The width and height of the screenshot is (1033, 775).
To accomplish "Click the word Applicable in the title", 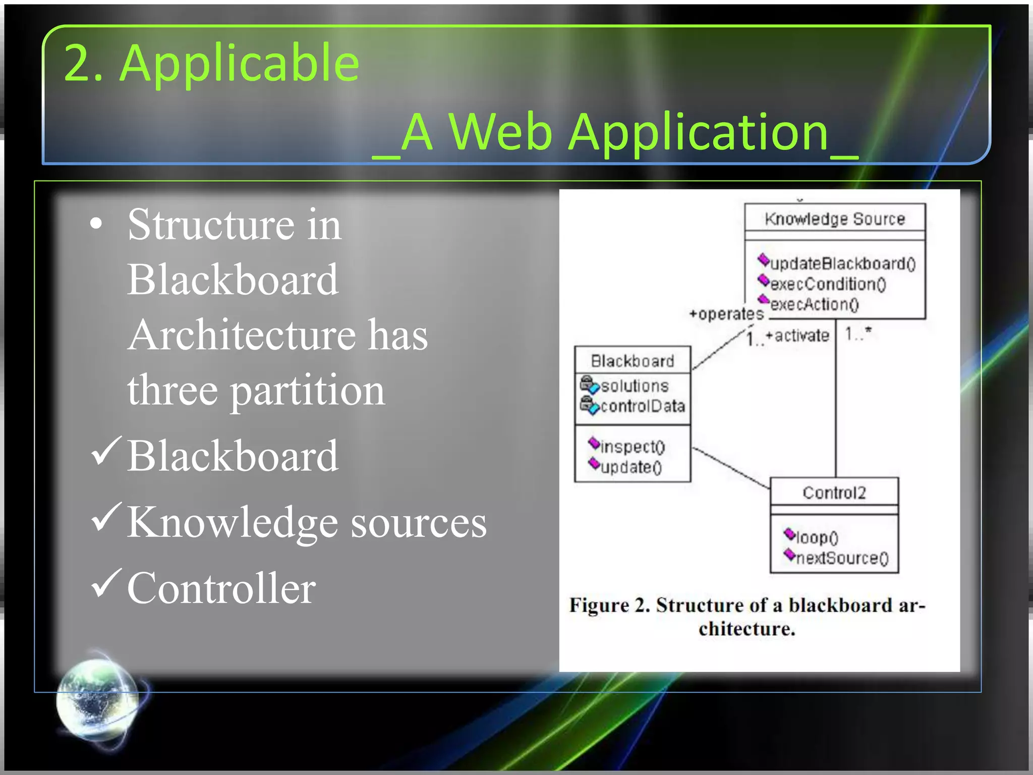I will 240,63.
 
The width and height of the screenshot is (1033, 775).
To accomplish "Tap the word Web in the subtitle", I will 501,132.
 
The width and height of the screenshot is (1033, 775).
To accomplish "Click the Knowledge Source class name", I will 835,218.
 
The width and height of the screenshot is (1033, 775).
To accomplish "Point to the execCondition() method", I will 828,284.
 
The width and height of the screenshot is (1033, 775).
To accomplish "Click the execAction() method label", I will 814,304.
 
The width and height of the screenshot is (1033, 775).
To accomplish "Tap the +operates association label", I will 726,314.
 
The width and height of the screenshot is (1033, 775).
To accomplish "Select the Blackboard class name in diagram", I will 632,361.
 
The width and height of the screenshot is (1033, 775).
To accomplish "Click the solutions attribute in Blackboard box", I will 635,386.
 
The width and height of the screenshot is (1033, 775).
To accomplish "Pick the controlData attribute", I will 643,406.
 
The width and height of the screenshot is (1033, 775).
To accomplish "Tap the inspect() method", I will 633,447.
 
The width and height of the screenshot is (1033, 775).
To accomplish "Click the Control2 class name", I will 834,492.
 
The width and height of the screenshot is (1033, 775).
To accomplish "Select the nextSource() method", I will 841,558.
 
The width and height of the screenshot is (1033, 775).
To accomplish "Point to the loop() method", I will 817,537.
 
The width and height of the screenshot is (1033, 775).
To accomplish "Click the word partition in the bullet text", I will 308,391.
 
